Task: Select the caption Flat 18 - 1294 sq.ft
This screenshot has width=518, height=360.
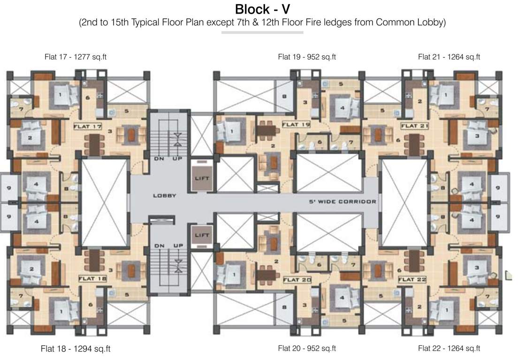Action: click(x=76, y=349)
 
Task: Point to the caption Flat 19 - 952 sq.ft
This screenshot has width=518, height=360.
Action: click(x=307, y=57)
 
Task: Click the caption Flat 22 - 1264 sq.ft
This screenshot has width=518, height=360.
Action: click(x=449, y=348)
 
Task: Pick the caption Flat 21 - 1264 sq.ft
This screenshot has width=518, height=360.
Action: click(x=449, y=57)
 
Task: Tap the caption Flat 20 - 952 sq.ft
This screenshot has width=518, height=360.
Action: click(x=307, y=348)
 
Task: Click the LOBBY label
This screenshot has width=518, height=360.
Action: click(x=164, y=195)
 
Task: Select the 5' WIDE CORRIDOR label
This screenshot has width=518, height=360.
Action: click(x=342, y=202)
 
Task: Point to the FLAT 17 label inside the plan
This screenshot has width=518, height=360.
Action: click(x=87, y=127)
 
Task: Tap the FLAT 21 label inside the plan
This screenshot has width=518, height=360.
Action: click(x=415, y=126)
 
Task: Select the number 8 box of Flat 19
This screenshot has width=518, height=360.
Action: click(x=284, y=97)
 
